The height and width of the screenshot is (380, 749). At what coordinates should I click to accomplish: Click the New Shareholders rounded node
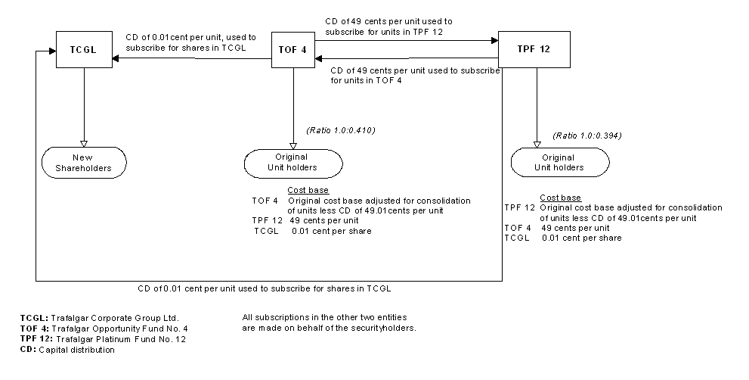point(82,162)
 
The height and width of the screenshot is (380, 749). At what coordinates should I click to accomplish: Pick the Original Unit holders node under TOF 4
point(292,162)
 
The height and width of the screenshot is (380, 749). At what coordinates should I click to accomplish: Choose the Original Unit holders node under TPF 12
point(559,162)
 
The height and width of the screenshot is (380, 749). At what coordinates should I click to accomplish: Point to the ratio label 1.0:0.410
point(341,130)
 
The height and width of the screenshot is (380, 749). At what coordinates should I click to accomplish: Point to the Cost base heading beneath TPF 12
point(560,197)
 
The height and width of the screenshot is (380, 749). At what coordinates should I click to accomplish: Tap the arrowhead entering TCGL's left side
point(52,51)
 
